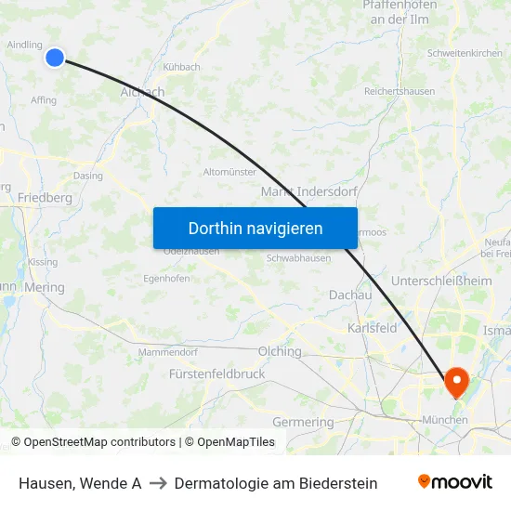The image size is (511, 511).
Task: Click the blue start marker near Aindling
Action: point(55,58)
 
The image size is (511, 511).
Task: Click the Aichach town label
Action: point(142,92)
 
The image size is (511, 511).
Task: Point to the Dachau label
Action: point(350,295)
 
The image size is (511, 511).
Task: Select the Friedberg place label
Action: point(45,198)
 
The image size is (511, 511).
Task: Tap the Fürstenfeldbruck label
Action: point(217,373)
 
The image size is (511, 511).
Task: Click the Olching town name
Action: point(280,351)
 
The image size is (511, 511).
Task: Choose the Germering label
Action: point(303,422)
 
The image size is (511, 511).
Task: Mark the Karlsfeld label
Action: point(372,328)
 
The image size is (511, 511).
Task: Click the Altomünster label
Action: point(229,172)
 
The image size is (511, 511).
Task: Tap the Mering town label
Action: point(45,288)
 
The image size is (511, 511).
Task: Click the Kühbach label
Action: point(181,67)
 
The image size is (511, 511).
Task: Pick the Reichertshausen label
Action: point(399,92)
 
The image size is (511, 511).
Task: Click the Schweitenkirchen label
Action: point(465,53)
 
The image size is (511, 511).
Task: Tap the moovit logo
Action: point(455,482)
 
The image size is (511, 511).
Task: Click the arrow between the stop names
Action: point(158,483)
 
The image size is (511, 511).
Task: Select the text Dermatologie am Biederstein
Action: point(276,483)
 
